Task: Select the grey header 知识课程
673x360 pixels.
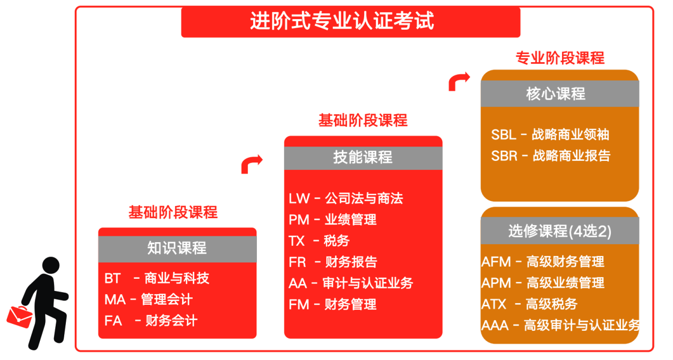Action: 177,248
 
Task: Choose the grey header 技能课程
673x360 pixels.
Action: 363,158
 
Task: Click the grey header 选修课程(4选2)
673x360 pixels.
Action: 560,232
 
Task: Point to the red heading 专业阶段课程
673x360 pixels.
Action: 560,57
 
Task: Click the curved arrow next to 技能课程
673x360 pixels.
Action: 252,165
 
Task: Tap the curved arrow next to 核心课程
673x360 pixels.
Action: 459,82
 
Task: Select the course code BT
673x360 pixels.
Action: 113,278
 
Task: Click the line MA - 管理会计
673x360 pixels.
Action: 149,299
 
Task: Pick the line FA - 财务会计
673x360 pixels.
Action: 151,321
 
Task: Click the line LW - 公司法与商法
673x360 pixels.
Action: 346,199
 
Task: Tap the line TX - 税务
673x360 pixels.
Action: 319,241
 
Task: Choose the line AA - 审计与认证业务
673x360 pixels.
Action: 351,283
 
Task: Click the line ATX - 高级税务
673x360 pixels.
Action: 529,304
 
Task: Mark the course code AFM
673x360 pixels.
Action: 496,262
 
